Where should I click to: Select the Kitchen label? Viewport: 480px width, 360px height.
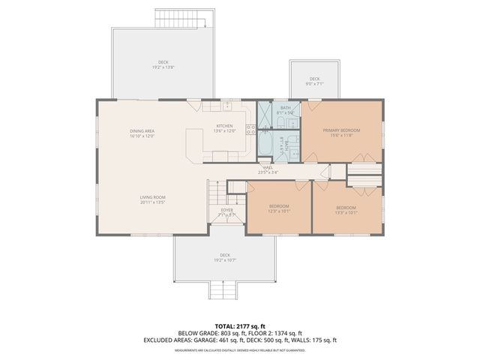click(x=225, y=126)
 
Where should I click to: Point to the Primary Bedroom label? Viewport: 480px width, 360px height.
click(x=342, y=130)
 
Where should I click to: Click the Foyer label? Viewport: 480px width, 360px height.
click(x=226, y=211)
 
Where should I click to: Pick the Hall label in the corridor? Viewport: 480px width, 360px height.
click(x=268, y=167)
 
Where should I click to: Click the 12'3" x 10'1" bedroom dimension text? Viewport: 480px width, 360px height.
click(x=279, y=211)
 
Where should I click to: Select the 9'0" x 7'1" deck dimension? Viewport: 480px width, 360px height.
click(x=315, y=85)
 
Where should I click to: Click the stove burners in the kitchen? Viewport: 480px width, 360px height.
click(x=250, y=129)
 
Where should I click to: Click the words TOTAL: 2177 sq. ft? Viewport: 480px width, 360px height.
click(x=239, y=326)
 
